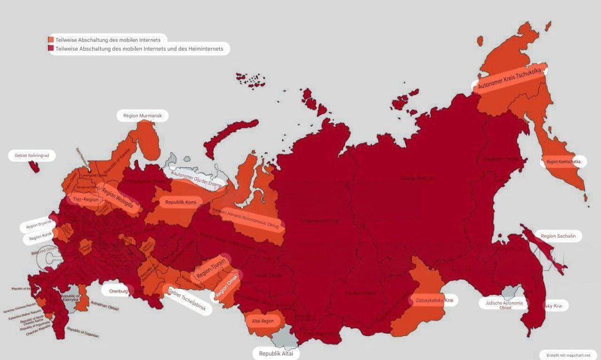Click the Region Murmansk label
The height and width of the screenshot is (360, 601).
coord(142,115)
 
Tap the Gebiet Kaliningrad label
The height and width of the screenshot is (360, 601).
coord(32,156)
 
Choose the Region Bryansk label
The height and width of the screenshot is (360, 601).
coord(38,226)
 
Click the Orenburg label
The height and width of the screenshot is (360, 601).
coord(119,291)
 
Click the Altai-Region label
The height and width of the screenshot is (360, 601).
coord(263,321)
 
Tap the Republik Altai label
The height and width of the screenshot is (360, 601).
coord(277,353)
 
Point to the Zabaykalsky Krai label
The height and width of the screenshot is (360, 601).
coord(434,300)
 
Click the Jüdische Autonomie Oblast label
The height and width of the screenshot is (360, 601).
coord(505,304)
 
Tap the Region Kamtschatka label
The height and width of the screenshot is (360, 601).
coord(563,161)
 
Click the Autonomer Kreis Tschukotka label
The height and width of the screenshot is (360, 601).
coord(509,78)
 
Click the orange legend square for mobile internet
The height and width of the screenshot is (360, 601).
coord(51,40)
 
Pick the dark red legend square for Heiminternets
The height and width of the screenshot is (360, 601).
coord(51,49)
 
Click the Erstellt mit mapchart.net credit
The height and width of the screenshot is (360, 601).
coord(568,354)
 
